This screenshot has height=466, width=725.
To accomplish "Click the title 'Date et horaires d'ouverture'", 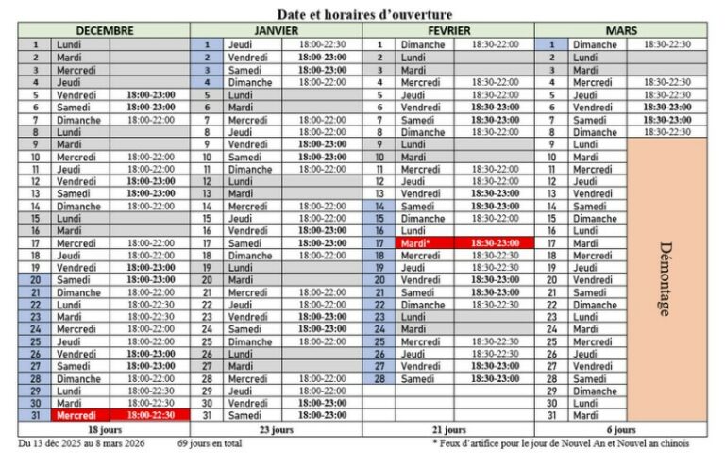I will coord(363,14).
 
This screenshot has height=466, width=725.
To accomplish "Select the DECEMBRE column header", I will coord(104,30).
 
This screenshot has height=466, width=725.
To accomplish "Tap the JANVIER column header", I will coord(276,30).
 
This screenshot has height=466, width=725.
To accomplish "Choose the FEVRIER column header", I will coord(448,30).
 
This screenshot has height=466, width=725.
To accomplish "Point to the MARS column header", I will coord(620,30).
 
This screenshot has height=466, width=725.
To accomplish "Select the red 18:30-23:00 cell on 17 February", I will coord(496,242).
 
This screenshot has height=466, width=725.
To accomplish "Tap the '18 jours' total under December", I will coord(104,428).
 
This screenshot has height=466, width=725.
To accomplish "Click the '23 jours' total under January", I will coord(276,428).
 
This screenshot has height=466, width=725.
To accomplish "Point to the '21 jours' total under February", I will coord(448,428).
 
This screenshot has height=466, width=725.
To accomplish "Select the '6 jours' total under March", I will coord(620,428).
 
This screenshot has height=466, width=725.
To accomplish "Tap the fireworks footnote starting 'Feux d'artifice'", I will coord(561,442).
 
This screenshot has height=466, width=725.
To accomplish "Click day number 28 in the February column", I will coord(379,378).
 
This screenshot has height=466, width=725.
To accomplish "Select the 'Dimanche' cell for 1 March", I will coord(595,44).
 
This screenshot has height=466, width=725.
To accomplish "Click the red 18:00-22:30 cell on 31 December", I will coord(151,414).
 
